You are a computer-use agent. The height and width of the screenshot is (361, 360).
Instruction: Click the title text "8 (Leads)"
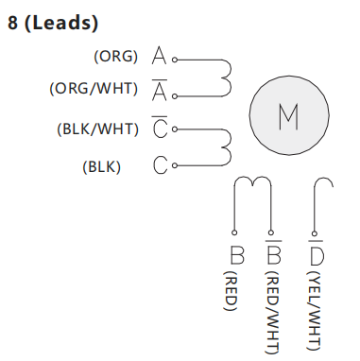tap(53, 23)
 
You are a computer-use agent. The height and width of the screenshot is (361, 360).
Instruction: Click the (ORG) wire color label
tap(116, 57)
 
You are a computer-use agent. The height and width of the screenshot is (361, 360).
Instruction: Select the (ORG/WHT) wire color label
tap(94, 89)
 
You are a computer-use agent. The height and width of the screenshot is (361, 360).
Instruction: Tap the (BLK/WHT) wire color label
tap(97, 129)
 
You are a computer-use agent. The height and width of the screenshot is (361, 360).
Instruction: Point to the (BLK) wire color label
tap(102, 166)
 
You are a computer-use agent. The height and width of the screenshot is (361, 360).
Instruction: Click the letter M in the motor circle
tap(288, 116)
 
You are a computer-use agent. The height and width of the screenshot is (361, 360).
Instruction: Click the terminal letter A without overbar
tap(159, 56)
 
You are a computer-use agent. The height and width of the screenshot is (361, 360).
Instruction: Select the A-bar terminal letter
tap(160, 90)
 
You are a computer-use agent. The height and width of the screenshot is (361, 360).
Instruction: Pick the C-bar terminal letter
tap(160, 127)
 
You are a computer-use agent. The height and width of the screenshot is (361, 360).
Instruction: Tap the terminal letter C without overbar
tap(161, 165)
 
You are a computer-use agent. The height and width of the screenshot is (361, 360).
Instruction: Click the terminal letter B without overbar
tap(237, 255)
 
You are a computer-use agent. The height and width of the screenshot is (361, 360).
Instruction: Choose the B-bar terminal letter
tap(273, 252)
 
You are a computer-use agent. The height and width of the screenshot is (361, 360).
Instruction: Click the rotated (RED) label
tap(230, 291)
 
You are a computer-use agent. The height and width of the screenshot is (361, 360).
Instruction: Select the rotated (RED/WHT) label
tap(272, 313)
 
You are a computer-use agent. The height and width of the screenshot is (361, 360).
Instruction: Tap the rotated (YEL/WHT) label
tap(314, 311)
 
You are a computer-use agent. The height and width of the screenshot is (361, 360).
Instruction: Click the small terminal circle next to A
tap(175, 60)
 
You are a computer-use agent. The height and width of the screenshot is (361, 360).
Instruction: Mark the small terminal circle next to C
tap(175, 165)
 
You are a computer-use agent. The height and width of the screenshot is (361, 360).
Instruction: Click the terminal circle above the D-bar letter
tap(314, 233)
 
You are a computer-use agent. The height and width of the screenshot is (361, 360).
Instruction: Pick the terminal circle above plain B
tap(234, 232)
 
